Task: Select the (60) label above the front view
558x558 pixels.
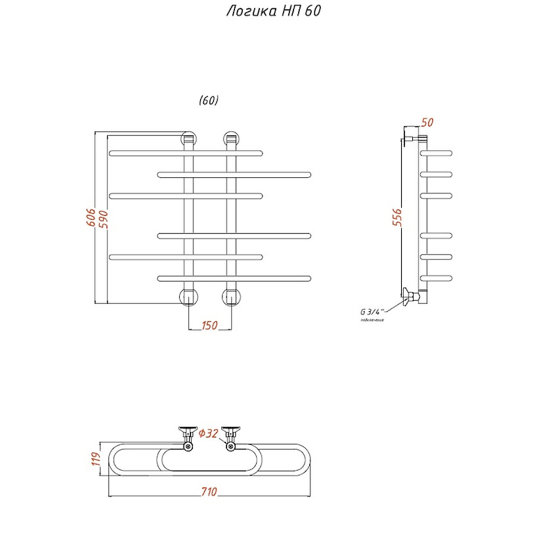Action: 209,100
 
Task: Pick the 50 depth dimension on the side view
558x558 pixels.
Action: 427,123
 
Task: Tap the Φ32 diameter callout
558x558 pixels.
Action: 209,433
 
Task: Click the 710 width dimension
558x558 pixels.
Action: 209,491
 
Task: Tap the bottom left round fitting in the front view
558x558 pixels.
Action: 188,297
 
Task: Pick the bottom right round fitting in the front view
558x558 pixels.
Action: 231,297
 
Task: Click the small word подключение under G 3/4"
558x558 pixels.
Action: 372,320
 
